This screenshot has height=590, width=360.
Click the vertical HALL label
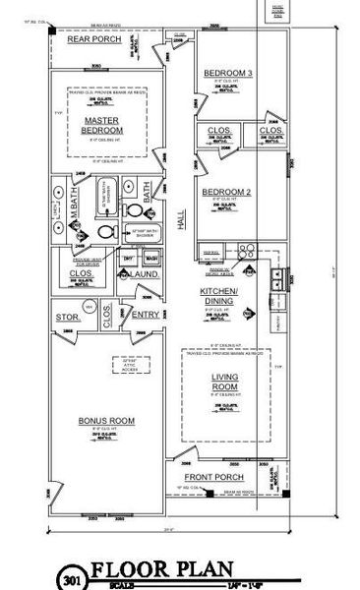tap(181, 225)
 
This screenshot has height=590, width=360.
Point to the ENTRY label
tap(145, 315)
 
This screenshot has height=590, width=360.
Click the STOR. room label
tap(68, 318)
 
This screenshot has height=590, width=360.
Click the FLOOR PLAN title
tap(162, 568)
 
